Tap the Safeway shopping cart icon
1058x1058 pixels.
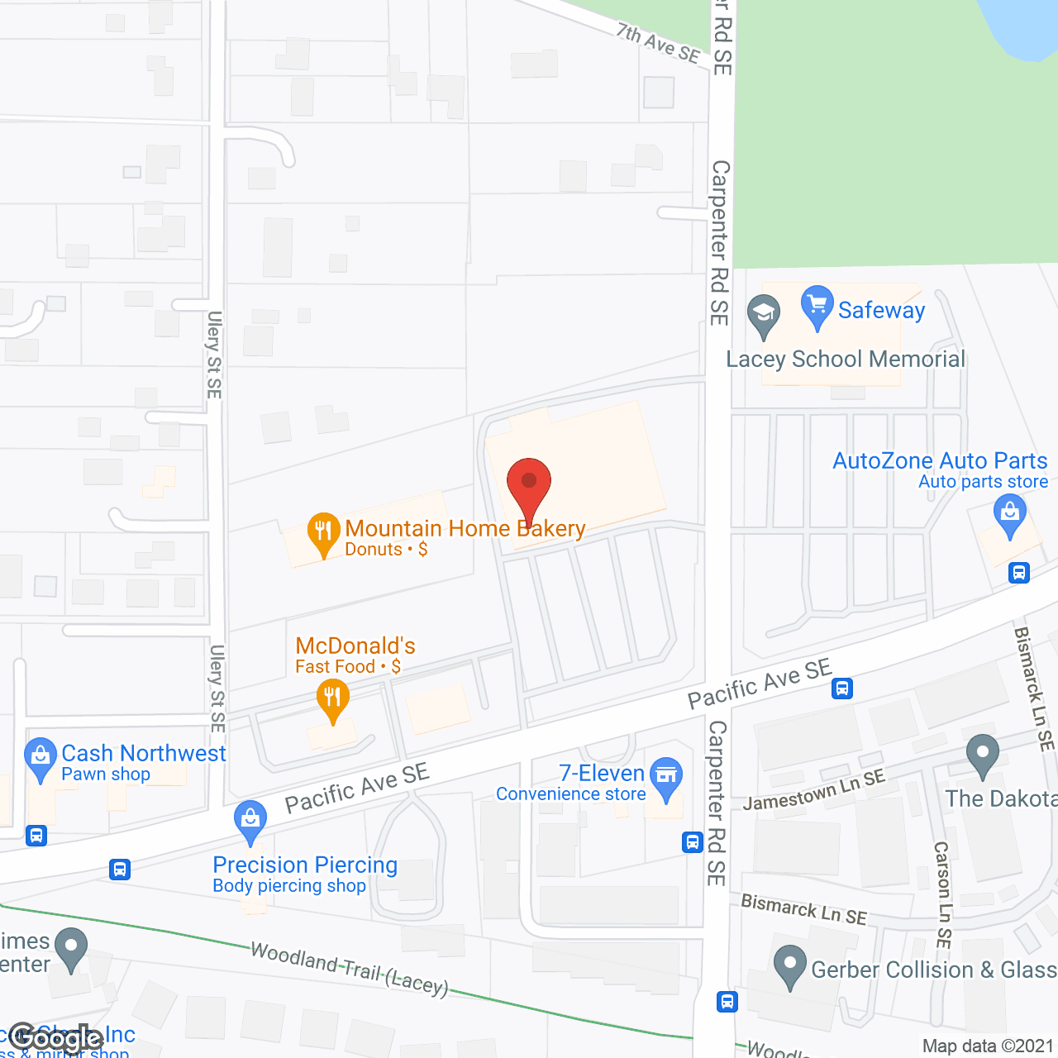click(817, 307)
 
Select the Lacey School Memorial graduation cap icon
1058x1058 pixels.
click(764, 315)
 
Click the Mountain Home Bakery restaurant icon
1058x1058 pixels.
click(323, 533)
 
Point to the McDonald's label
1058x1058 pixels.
click(355, 646)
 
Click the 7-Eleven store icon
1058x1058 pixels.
click(666, 778)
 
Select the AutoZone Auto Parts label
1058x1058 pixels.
click(940, 460)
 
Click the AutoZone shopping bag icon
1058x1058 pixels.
click(1009, 514)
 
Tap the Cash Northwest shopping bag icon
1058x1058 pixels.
click(40, 757)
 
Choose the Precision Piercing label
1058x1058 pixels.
click(305, 865)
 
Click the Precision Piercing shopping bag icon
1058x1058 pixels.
click(250, 820)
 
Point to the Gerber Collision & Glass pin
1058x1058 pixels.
click(790, 965)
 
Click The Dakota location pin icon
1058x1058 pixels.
click(982, 755)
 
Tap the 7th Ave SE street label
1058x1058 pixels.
click(658, 43)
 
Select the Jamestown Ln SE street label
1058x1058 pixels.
click(814, 790)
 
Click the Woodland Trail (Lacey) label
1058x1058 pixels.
click(349, 968)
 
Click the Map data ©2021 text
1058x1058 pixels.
click(988, 1046)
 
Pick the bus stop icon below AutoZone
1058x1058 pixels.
click(1019, 572)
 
